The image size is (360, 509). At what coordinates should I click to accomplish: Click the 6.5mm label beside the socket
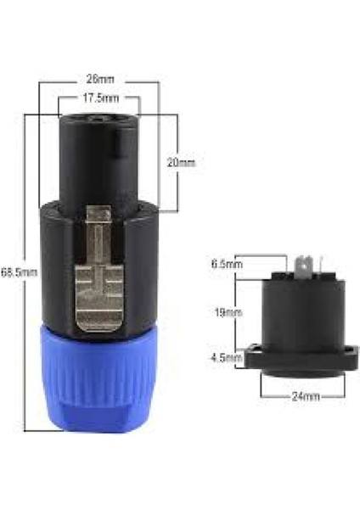point(224,264)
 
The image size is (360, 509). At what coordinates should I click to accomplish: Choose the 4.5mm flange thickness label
point(224,357)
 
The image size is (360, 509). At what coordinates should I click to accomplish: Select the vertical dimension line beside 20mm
point(177,161)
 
